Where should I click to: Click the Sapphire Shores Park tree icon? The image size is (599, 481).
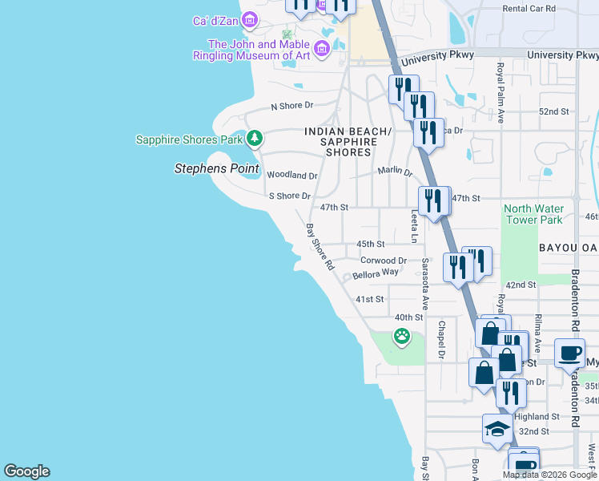(255, 139)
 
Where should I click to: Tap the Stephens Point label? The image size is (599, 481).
(217, 168)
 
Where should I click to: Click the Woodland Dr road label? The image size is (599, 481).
(291, 175)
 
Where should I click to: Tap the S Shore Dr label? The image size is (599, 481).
(289, 196)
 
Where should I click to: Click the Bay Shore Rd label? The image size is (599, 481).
(320, 246)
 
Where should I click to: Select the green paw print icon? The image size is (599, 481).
(401, 337)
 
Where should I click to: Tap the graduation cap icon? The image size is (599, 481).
(497, 429)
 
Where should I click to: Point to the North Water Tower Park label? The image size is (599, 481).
(533, 214)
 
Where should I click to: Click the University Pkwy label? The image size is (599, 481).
(438, 58)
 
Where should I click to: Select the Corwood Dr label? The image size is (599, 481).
(384, 261)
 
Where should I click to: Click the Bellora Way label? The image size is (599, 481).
(376, 273)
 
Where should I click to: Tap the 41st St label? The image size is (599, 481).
(370, 299)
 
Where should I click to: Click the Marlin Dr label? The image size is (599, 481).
(395, 172)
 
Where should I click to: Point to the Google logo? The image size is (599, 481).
(26, 471)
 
